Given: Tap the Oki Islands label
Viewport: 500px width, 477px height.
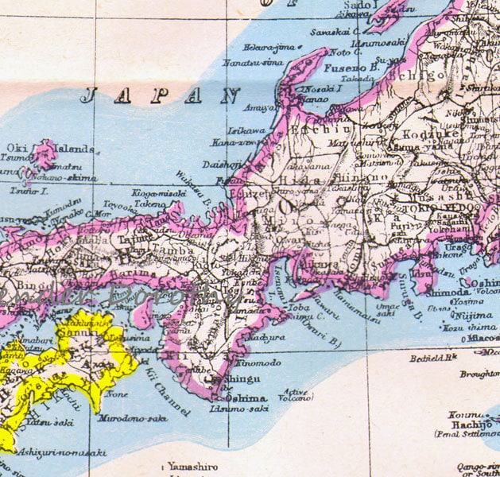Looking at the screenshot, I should [x=52, y=148].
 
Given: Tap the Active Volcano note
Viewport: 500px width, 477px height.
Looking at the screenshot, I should [x=294, y=394].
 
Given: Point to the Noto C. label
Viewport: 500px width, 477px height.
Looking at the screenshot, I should [x=341, y=52].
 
